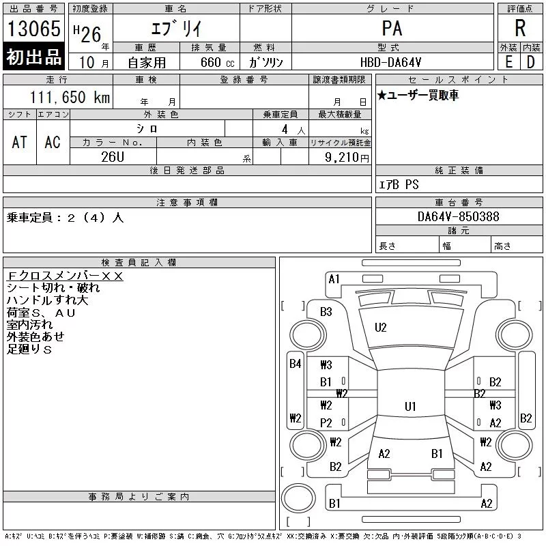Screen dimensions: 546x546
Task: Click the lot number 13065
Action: [x=33, y=28]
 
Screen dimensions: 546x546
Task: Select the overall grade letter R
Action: [x=520, y=28]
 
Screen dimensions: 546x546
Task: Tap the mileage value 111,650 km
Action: [x=70, y=97]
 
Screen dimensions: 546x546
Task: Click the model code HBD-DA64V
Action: [x=390, y=62]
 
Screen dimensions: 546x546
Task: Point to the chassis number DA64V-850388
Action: [x=458, y=216]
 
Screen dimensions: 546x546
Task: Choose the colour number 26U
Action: [x=113, y=157]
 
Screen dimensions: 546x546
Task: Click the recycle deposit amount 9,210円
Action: [x=347, y=158]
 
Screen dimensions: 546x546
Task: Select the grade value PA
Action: [x=392, y=28]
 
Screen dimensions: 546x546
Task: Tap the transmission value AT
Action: [x=19, y=142]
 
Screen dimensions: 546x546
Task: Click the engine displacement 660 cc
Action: [x=217, y=62]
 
